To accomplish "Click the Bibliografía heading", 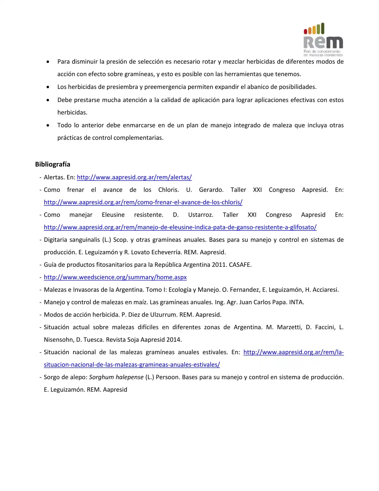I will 53,164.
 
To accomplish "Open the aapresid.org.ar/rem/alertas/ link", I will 134,177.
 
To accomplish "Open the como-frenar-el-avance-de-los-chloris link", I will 143,202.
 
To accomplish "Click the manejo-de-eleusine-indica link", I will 180,227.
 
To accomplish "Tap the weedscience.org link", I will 115,277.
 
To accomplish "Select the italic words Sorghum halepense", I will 116,377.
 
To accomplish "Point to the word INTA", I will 296,302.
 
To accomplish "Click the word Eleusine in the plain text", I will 113,215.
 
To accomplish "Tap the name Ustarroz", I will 201,215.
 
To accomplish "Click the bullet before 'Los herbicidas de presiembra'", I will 48,87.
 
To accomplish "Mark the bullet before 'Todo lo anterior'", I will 48,126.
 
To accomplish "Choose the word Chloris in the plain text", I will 168,190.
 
